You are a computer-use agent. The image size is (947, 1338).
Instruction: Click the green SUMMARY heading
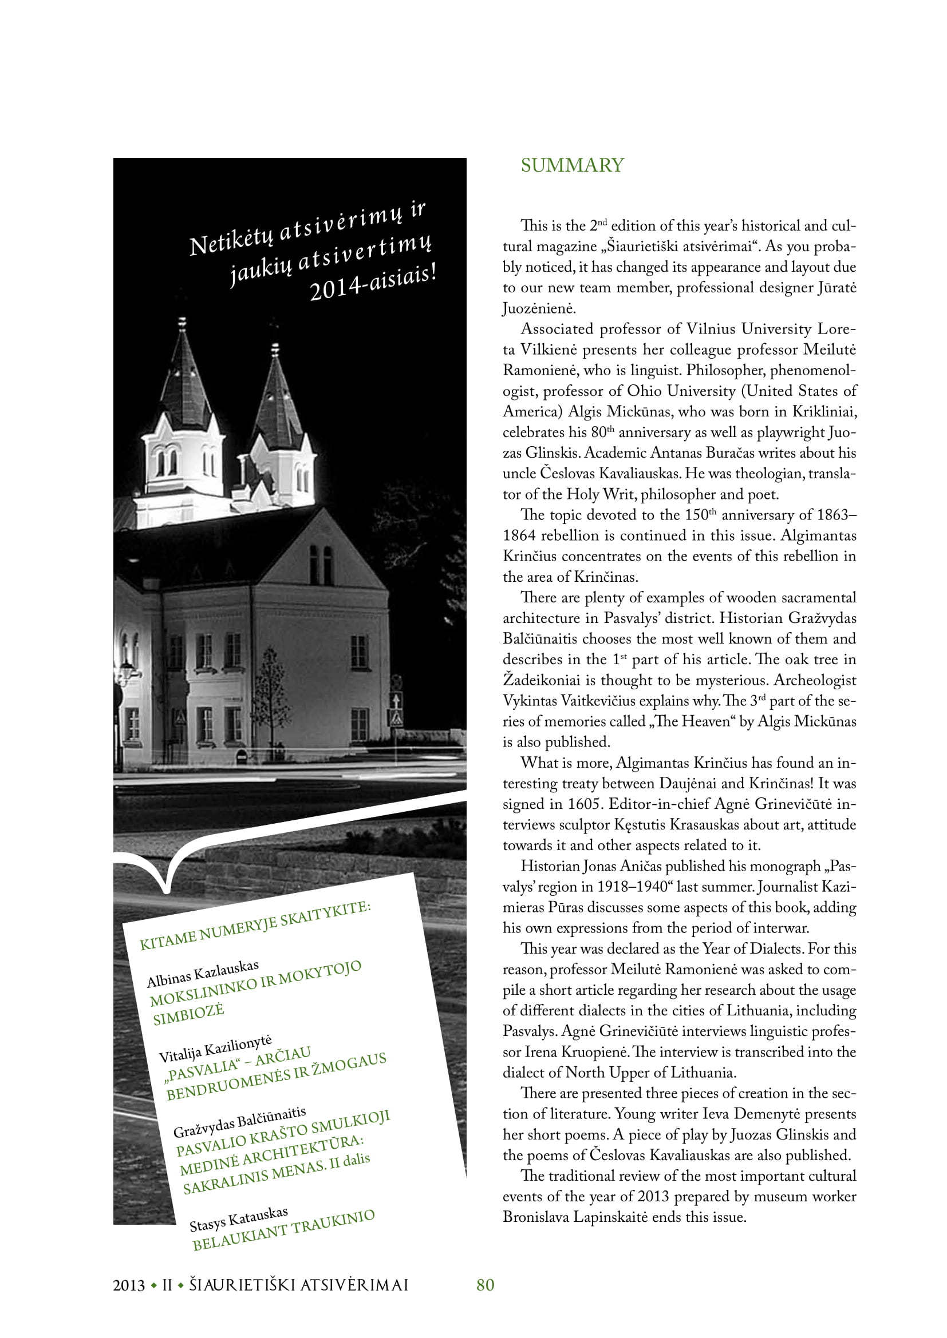coord(572,165)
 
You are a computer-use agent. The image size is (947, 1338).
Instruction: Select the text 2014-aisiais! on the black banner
coord(373,284)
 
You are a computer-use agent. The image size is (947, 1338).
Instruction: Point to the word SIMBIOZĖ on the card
coord(188,1015)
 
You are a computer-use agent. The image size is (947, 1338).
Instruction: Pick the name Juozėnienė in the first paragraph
coord(538,308)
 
